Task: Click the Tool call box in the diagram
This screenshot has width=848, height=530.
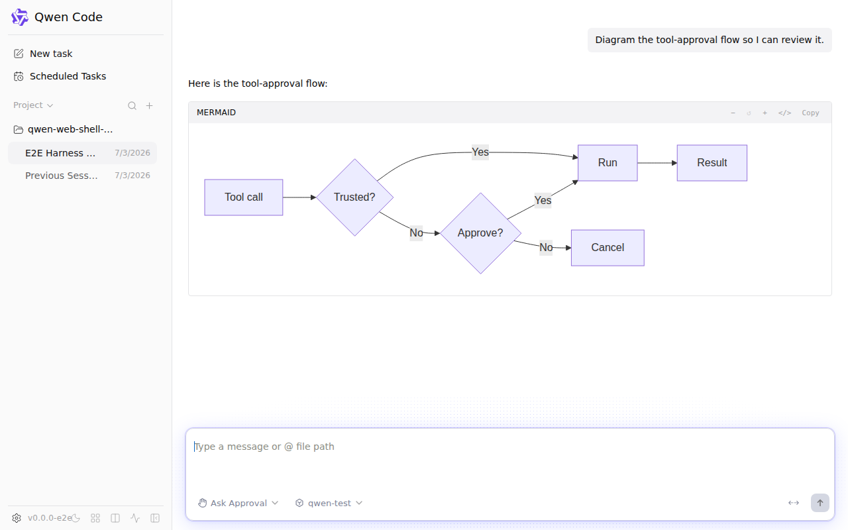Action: pos(243,197)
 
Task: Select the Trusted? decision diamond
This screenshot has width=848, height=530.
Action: pos(354,197)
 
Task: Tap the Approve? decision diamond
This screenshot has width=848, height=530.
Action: pos(480,233)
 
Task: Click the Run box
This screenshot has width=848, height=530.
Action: pos(608,163)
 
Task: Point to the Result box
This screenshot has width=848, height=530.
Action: pos(712,163)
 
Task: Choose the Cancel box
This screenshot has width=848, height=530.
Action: pos(608,248)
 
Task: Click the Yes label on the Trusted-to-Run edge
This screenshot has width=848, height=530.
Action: pos(480,152)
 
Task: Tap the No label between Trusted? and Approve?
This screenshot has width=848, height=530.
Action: pos(416,233)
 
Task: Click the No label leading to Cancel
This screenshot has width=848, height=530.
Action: pos(546,248)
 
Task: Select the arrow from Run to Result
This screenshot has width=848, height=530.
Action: pos(657,163)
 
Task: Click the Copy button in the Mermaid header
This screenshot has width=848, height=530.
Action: pos(810,113)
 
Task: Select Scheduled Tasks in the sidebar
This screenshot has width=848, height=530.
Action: pos(60,76)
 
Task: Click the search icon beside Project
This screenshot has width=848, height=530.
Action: pos(132,105)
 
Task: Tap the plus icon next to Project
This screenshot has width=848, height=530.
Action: pos(150,105)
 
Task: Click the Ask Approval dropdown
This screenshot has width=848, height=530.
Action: pos(238,503)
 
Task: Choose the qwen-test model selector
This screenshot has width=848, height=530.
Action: pos(329,503)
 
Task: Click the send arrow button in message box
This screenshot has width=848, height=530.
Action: pos(820,503)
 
